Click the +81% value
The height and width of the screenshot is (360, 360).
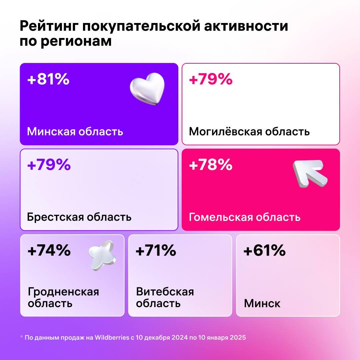coord(48,80)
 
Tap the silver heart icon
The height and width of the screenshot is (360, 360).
coord(147,89)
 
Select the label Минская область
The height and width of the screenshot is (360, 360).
coord(75,131)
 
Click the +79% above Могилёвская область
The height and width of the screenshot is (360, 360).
coord(211,80)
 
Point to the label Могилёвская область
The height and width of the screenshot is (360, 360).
coord(249,131)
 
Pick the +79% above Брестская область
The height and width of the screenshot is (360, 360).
coord(49,165)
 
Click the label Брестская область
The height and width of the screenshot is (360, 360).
coord(79,217)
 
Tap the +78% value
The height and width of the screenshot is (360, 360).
coord(211,165)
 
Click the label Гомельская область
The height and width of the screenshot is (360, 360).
coord(245,217)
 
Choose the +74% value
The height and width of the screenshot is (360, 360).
coord(49,251)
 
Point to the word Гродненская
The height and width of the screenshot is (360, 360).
coord(63,292)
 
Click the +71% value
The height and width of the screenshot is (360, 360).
coord(156,251)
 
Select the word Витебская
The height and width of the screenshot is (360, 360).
coord(165,292)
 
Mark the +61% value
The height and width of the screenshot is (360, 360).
coord(264,251)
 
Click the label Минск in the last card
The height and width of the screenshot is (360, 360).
coord(262,303)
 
